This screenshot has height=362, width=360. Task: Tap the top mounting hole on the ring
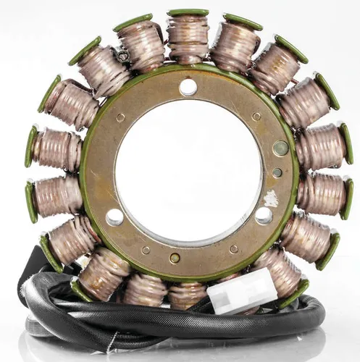188,88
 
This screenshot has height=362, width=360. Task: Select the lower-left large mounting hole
114,217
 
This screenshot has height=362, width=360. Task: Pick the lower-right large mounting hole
264,216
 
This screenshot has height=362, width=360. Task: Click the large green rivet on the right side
280,148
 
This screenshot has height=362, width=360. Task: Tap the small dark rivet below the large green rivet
277,173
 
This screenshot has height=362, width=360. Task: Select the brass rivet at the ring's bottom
175,258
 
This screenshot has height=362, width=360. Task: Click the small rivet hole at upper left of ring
120,117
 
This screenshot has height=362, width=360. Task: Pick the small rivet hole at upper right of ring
256,116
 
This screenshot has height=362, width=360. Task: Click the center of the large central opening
188,170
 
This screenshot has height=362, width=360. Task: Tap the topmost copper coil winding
188,40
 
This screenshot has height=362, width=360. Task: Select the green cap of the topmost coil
188,13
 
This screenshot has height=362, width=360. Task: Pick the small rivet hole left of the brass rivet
146,251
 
